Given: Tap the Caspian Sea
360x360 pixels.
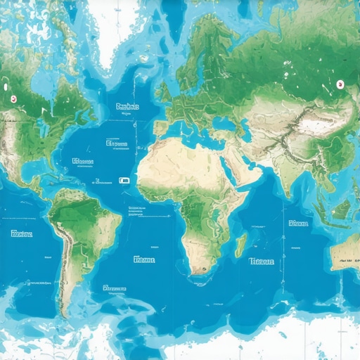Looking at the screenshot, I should tap(248, 127).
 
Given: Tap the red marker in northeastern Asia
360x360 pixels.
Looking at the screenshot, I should tap(339, 84).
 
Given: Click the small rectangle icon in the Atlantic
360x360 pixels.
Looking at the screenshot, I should tap(124, 181).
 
